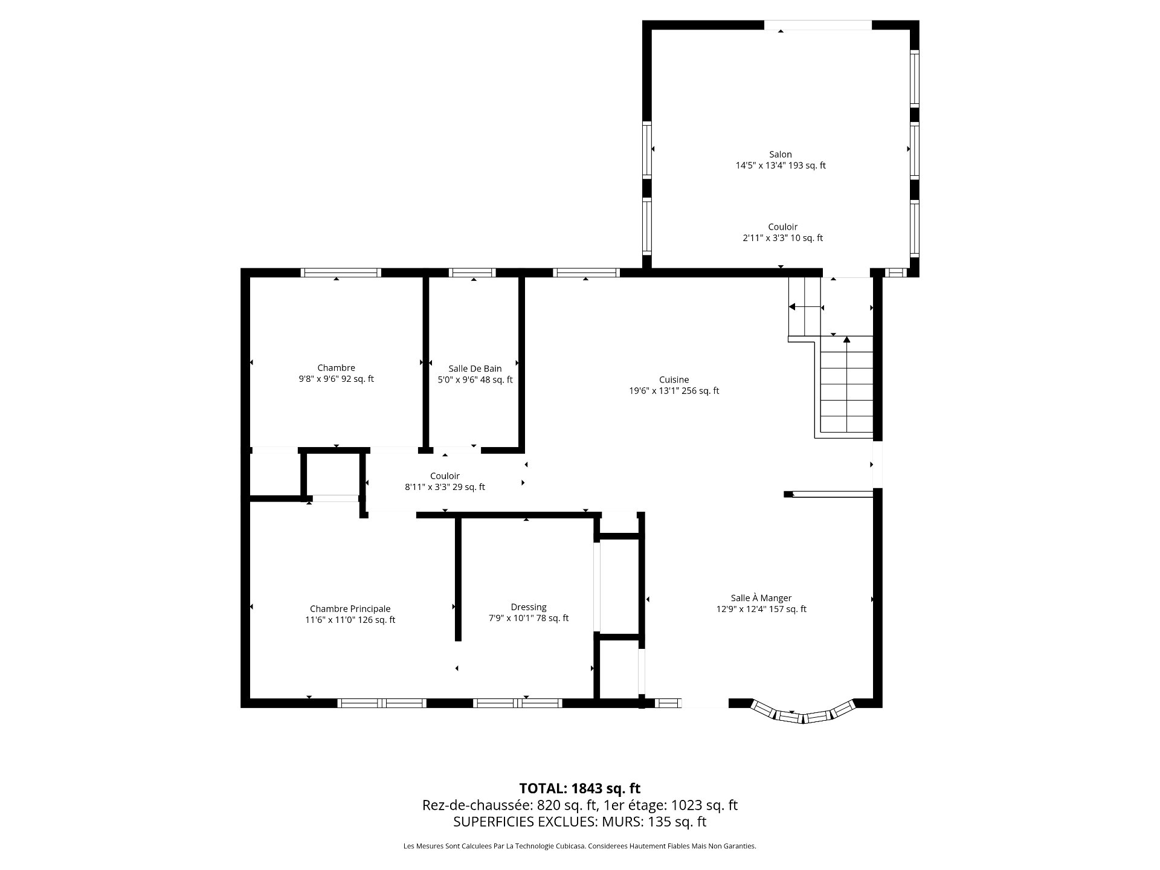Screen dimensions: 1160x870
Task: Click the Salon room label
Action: point(780,155)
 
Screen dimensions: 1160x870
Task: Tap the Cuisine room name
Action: point(674,380)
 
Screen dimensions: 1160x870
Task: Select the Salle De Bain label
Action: point(475,369)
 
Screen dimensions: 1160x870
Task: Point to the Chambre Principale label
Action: point(350,609)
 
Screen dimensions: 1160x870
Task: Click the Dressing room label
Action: point(529,607)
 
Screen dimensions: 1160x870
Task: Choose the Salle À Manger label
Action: point(761,598)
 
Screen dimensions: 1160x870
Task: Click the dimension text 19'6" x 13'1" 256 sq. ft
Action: point(674,391)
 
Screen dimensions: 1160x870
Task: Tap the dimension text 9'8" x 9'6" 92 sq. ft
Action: point(336,379)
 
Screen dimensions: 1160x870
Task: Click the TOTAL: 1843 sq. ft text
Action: point(579,788)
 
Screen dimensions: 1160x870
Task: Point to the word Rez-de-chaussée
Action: point(477,805)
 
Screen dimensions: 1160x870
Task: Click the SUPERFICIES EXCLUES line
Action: point(579,822)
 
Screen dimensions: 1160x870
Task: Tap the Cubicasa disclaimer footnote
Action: point(579,846)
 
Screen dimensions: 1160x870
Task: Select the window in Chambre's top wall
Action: point(341,272)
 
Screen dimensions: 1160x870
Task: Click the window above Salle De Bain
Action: point(472,272)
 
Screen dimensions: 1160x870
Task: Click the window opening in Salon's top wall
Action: point(818,25)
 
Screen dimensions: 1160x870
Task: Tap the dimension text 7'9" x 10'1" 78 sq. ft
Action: point(529,618)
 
